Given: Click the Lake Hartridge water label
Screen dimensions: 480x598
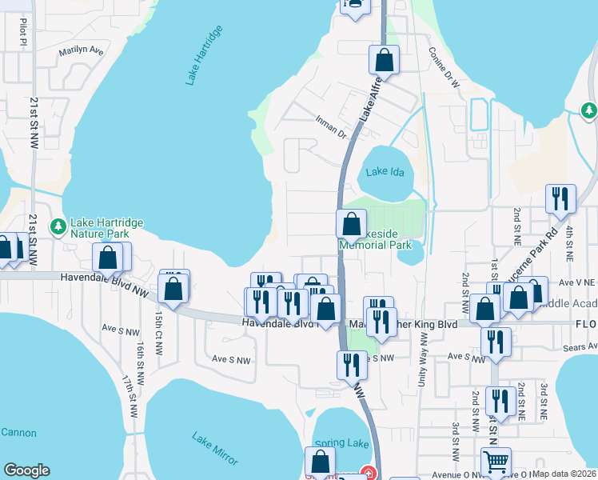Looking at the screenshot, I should [203, 55].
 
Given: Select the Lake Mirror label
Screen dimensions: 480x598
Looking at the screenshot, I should [215, 448].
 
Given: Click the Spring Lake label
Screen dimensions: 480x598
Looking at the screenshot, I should [341, 443].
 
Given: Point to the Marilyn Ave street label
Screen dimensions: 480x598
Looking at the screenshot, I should [81, 51].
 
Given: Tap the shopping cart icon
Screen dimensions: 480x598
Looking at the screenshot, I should [496, 462].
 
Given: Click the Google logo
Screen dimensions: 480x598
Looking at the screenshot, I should [26, 470].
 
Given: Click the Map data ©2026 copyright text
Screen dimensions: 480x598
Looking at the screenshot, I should [564, 474].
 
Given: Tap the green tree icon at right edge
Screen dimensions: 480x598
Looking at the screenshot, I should [589, 110].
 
